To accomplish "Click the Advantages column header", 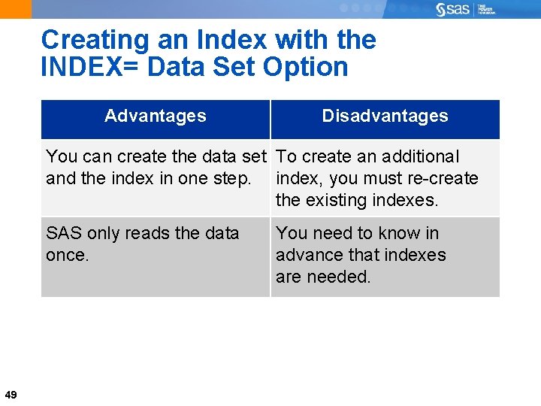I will [155, 116].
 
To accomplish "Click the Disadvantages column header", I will [385, 116].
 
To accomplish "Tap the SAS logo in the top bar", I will [453, 9].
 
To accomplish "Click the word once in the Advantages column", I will [68, 255].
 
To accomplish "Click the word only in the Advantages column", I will [102, 233].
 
